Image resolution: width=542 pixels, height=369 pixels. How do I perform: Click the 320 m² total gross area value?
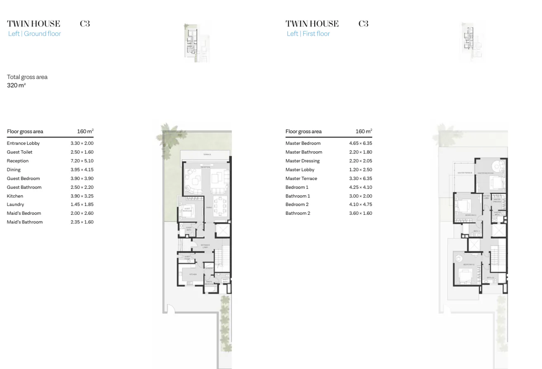tap(17, 86)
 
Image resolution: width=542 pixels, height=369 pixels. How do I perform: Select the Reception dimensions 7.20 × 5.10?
tap(82, 161)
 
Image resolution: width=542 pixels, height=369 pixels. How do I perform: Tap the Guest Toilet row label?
tap(19, 152)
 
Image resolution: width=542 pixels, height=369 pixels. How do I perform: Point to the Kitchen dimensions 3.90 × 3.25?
tap(82, 196)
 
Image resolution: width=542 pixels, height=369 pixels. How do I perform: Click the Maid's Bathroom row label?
tap(24, 222)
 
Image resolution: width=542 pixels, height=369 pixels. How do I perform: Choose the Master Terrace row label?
tap(301, 179)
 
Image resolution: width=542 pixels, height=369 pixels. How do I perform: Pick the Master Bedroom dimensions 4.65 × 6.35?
tap(361, 143)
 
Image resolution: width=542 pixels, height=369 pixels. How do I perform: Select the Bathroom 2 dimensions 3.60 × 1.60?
tap(361, 214)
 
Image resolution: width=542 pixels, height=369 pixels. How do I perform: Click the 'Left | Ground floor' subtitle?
tap(34, 34)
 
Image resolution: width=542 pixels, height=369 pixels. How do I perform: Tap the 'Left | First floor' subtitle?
tap(308, 34)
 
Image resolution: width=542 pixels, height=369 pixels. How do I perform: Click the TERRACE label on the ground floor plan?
tap(207, 155)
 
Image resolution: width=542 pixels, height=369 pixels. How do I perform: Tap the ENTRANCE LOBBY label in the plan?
tap(205, 246)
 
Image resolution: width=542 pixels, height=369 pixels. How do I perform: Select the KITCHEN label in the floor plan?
tap(193, 274)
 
